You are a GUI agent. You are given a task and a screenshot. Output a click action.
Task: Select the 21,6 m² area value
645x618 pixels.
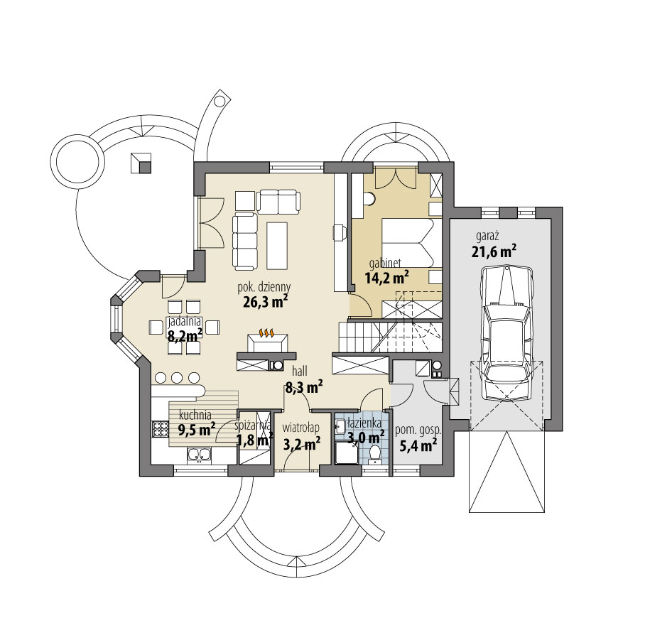493,251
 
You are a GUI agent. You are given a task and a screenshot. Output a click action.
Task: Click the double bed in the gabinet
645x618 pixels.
408,242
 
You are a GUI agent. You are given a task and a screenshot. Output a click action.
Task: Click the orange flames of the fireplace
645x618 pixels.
267,332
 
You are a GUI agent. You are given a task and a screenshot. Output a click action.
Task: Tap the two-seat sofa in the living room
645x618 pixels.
278,201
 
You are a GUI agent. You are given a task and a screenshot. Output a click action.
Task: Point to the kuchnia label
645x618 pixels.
193,416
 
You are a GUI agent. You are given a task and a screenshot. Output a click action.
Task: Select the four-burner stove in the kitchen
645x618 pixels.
158,429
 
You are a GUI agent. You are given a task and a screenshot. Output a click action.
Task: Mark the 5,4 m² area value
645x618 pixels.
418,445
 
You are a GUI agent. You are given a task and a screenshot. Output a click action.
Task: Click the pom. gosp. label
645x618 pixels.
420,430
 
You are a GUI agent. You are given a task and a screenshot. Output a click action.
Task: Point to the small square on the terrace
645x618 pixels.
142,163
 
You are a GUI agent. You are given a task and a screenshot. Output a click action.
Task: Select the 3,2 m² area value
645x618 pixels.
301,444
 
